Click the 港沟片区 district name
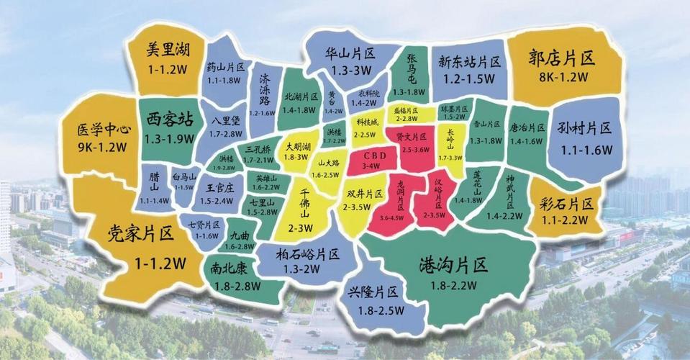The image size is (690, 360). pos(455,264)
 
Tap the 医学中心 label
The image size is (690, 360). pos(103,130)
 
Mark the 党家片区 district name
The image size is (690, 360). pos(141,233)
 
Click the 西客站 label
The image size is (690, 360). pos(170,118)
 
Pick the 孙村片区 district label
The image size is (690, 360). pos(584,128)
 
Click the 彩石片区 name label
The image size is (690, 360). pos(568,204)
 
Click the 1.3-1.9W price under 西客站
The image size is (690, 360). pos(170,139)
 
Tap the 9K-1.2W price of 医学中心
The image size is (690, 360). pos(103,148)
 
